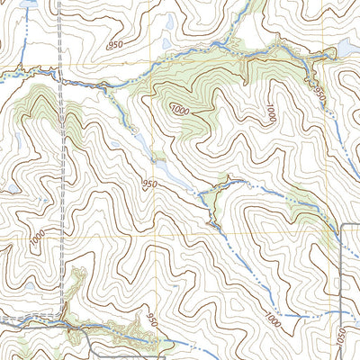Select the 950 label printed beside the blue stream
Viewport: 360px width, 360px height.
[317, 90]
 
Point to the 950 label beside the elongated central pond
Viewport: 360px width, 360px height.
[149, 184]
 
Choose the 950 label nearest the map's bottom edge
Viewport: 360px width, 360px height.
[151, 321]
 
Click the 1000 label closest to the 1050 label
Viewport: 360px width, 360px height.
[273, 318]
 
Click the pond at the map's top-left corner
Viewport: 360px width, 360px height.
[25, 4]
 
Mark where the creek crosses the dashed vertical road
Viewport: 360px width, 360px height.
[61, 79]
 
